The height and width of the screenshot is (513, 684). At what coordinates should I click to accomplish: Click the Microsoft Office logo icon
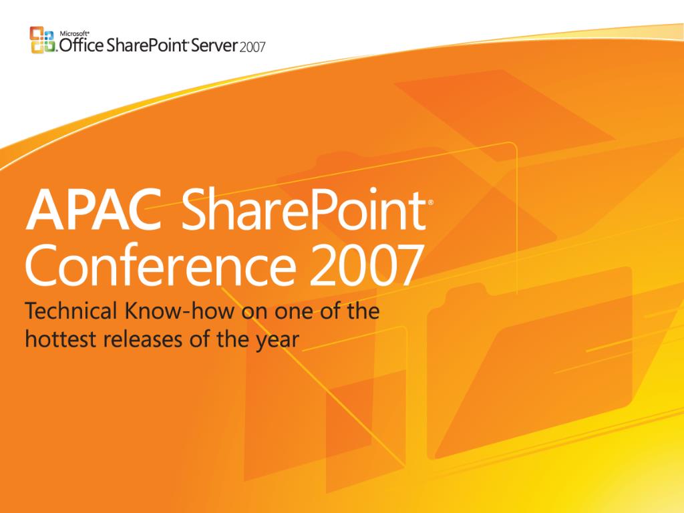pos(43,40)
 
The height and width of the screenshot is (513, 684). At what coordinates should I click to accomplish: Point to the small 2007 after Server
pos(252,47)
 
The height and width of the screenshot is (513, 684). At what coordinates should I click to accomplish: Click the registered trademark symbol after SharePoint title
pos(431,203)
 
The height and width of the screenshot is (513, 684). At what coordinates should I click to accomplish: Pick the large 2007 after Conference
pos(365,265)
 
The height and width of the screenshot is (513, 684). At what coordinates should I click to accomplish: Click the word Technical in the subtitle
pos(71,311)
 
